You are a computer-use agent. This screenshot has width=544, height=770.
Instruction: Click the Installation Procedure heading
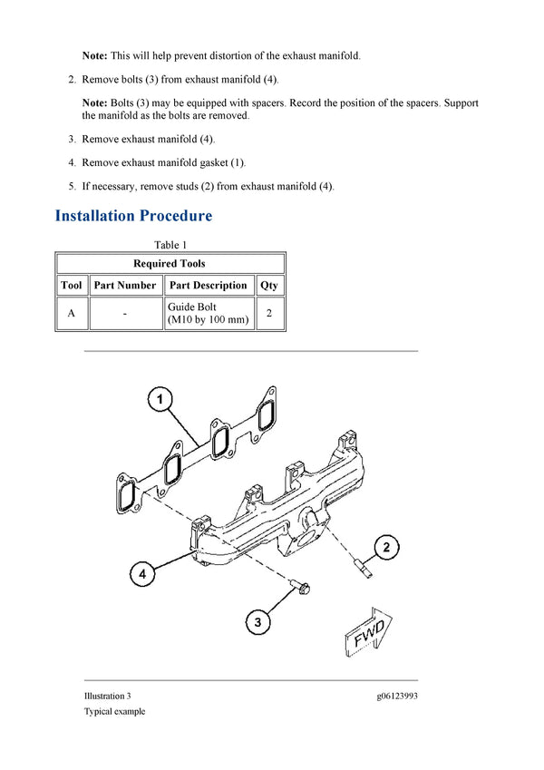click(133, 216)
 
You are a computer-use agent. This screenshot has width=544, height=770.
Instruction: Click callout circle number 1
click(160, 399)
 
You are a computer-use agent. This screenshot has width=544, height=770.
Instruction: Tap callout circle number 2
click(386, 547)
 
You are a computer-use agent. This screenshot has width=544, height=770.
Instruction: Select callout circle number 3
click(258, 622)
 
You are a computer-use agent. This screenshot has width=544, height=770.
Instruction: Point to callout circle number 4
click(141, 574)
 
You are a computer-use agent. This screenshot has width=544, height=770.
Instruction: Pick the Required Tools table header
click(170, 264)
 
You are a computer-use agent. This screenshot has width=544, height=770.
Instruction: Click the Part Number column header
click(125, 285)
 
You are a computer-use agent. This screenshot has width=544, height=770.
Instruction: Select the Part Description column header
click(208, 285)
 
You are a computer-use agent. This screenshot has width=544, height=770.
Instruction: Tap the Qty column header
click(269, 285)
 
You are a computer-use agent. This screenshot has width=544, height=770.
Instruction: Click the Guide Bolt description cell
click(208, 314)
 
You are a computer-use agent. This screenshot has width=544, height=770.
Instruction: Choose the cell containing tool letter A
click(71, 314)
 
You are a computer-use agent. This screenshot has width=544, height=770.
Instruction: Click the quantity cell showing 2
click(269, 314)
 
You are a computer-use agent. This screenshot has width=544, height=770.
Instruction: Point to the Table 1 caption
click(170, 245)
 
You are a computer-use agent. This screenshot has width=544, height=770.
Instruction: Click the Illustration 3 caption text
click(108, 696)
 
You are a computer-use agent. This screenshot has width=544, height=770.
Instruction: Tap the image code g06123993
click(397, 696)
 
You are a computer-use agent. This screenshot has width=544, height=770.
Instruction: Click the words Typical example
click(114, 711)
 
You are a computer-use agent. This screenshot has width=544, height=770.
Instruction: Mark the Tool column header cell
click(71, 285)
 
